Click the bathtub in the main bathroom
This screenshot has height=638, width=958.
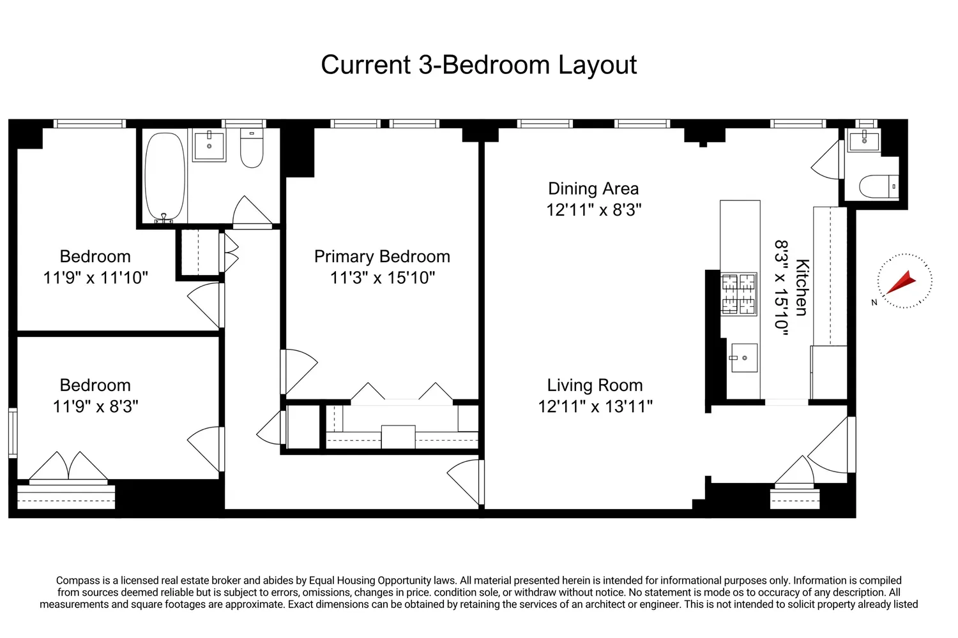[x=165, y=176]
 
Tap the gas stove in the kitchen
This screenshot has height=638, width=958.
[x=738, y=294]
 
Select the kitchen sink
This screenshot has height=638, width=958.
[x=744, y=358]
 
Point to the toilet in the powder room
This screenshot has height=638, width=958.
[x=879, y=186]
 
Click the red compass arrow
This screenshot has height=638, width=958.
[x=901, y=283]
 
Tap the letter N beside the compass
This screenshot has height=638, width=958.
[x=874, y=302]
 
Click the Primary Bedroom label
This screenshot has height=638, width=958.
[x=382, y=256]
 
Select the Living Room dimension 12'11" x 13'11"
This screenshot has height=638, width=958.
[x=595, y=406]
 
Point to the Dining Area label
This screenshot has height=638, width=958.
[x=593, y=188]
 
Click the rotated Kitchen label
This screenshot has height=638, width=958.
[x=802, y=287]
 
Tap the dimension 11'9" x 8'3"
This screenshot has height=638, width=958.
[x=95, y=406]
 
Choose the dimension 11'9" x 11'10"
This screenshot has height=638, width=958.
[x=95, y=278]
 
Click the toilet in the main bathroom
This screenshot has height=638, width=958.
[x=252, y=147]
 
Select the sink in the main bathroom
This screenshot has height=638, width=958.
[x=209, y=145]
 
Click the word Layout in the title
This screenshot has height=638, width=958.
[x=597, y=65]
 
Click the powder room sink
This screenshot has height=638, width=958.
[x=864, y=140]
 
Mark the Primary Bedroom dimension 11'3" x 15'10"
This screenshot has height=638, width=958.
[x=383, y=278]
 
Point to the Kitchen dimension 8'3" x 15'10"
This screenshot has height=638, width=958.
[x=781, y=288]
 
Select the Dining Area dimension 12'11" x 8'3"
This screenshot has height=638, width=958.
[x=594, y=210]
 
